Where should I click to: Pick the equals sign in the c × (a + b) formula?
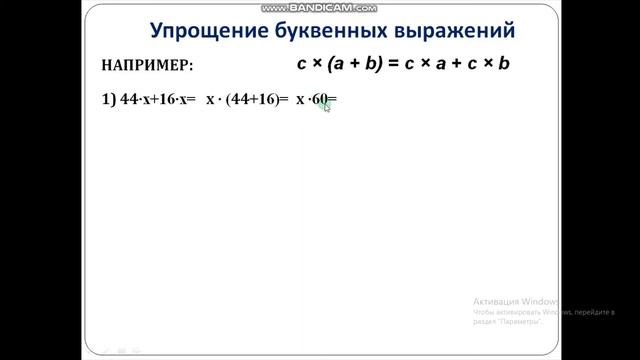tap(395, 63)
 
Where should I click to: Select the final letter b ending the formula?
tap(505, 63)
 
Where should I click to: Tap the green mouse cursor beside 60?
tap(326, 106)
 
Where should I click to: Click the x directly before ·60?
tap(299, 100)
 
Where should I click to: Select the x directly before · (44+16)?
tap(210, 100)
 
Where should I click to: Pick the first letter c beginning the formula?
tap(302, 63)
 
